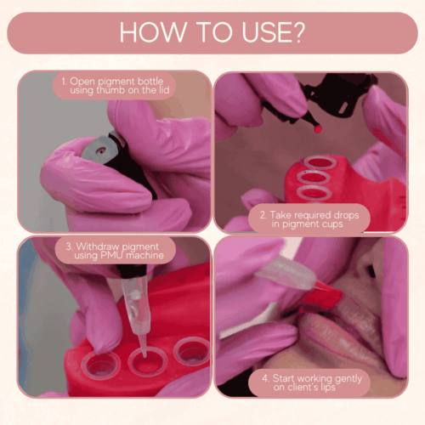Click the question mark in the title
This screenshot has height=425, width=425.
click(x=297, y=32)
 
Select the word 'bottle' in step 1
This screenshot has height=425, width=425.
click(x=150, y=81)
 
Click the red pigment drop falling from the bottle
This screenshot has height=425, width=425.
click(x=318, y=129)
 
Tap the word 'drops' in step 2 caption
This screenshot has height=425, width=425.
click(x=346, y=215)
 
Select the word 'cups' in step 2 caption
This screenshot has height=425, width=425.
click(x=332, y=224)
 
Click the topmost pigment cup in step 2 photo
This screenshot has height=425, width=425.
click(x=320, y=162)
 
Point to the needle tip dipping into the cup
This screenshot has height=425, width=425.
click(x=144, y=354)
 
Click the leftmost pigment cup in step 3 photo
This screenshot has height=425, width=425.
click(x=101, y=366)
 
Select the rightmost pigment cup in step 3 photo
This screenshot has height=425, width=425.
click(x=191, y=351)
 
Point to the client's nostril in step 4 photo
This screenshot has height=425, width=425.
click(x=371, y=271)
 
